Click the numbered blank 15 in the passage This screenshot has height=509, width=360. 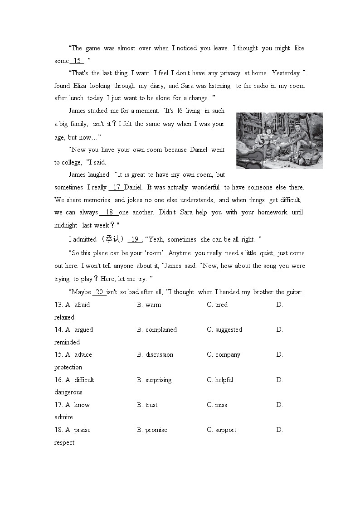point(77,61)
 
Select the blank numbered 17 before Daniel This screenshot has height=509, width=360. point(116,187)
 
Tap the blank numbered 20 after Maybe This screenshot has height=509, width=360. point(99,292)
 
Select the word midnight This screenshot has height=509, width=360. point(66,225)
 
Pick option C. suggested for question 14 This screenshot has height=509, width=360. point(224,330)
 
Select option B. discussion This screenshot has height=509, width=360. point(155,354)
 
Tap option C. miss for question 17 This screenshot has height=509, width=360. point(217,405)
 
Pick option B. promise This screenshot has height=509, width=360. point(152,430)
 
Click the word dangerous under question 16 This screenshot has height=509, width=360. point(68,392)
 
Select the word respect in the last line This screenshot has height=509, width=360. point(64,442)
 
